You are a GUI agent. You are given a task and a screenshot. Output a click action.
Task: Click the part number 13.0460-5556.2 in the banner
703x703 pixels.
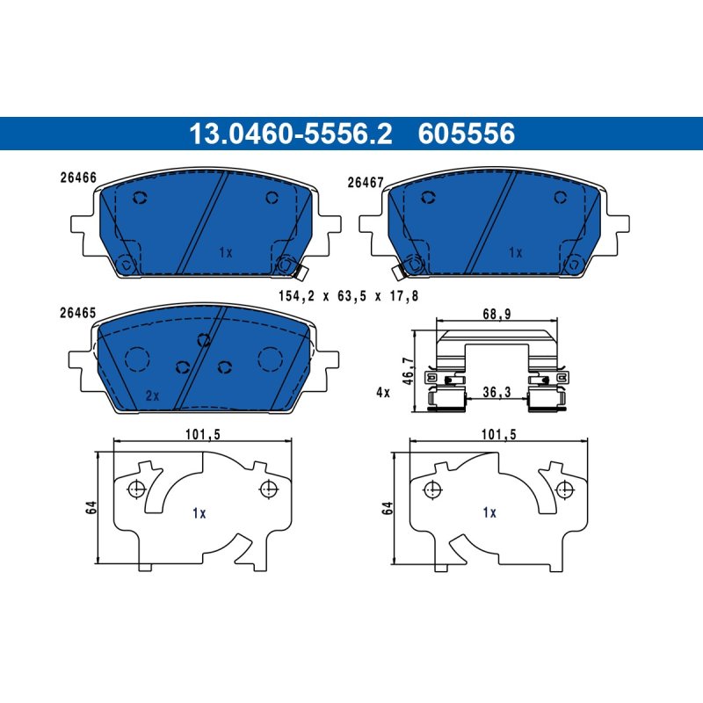291,134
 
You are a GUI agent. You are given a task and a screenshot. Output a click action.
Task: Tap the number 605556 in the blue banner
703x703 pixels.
467,134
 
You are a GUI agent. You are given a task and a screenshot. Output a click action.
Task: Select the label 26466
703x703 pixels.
78,178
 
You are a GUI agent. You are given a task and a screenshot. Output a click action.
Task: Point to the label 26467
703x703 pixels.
366,183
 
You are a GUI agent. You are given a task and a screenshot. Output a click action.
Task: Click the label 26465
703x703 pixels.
78,313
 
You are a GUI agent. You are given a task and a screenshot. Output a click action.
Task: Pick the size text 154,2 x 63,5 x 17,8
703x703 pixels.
348,296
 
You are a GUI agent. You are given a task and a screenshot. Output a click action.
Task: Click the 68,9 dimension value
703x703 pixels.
496,314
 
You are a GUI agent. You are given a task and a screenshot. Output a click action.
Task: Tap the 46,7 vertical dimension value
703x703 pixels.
408,371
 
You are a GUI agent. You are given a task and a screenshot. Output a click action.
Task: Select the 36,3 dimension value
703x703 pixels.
496,392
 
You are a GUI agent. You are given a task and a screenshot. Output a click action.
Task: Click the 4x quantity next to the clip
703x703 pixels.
383,393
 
